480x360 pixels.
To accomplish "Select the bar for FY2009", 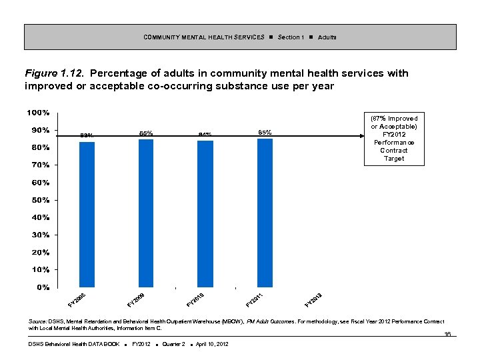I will tap(146, 213).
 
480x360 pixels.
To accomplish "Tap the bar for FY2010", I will tap(205, 214).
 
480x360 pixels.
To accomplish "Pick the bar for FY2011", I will tap(265, 213).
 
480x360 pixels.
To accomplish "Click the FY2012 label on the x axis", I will tap(314, 300).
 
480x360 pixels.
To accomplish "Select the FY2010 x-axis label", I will tap(195, 300).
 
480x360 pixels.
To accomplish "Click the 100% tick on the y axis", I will tap(38, 112).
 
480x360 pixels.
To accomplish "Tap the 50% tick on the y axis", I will tap(40, 200).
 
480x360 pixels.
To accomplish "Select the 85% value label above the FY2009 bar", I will tap(146, 133).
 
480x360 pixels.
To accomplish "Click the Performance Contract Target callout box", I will tap(394, 138).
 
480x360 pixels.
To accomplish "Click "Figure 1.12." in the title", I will tap(54, 73).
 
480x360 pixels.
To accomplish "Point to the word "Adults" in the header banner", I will tap(327, 37).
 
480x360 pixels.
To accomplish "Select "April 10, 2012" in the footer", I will tap(212, 344).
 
